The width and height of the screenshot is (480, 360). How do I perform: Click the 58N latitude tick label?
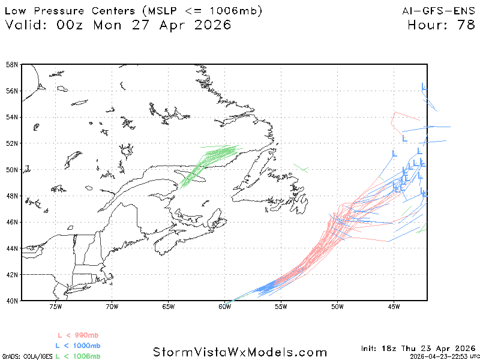pyautogui.click(x=11, y=64)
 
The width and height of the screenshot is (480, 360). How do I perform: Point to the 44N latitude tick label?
pyautogui.click(x=11, y=248)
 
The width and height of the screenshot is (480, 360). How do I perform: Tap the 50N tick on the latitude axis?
pyautogui.click(x=11, y=169)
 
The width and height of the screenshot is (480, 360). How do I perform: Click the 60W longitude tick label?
pyautogui.click(x=224, y=307)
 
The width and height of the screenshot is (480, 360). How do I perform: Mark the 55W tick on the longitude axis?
pyautogui.click(x=280, y=307)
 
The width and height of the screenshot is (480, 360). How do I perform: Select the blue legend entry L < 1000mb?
pyautogui.click(x=77, y=346)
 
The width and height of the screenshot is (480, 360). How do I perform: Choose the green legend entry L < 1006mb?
pyautogui.click(x=77, y=356)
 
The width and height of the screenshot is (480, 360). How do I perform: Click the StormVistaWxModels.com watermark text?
pyautogui.click(x=240, y=352)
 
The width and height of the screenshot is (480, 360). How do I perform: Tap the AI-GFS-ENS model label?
pyautogui.click(x=441, y=11)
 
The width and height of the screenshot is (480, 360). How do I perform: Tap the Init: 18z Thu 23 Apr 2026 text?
pyautogui.click(x=418, y=348)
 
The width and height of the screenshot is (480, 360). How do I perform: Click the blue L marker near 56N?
pyautogui.click(x=424, y=88)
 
